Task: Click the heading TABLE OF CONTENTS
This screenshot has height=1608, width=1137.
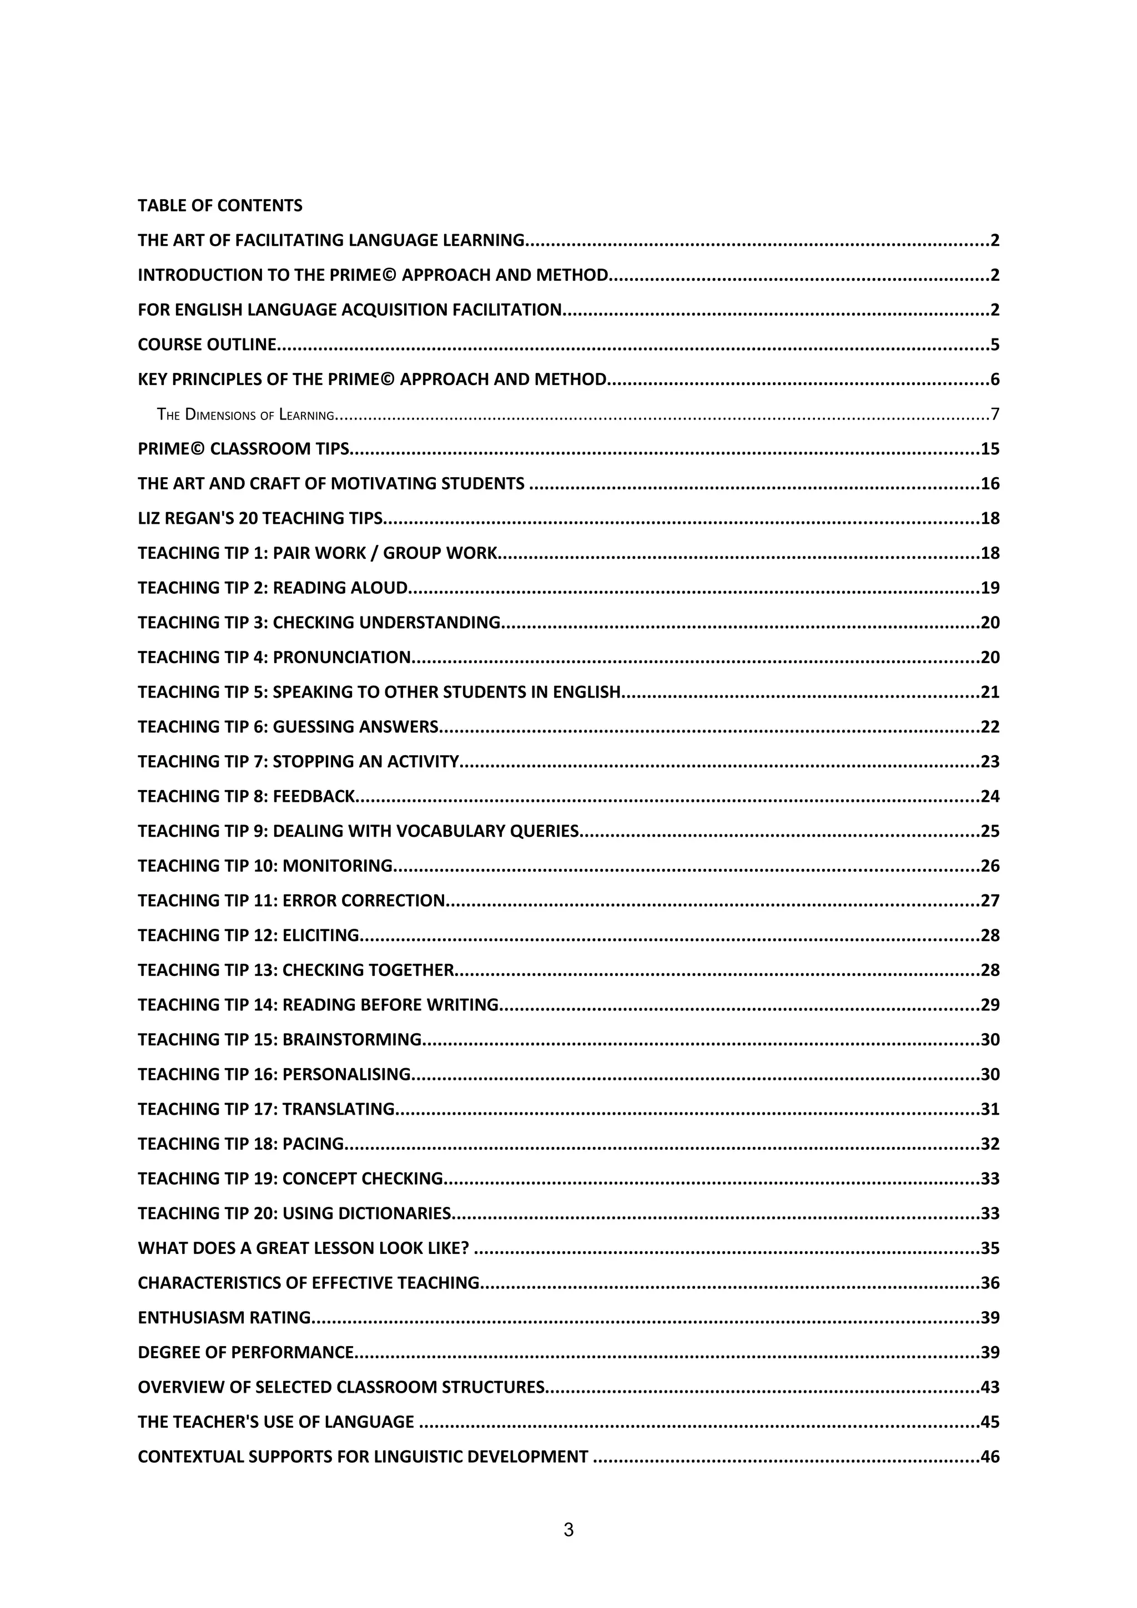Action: (x=220, y=205)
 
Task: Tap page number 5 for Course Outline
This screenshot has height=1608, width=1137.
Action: (x=995, y=345)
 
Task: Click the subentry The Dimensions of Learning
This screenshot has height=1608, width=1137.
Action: (x=246, y=414)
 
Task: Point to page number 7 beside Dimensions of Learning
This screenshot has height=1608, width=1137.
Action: (x=995, y=414)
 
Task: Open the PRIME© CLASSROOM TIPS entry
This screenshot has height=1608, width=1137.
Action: (x=243, y=449)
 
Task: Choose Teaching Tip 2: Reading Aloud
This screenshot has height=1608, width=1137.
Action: (x=273, y=588)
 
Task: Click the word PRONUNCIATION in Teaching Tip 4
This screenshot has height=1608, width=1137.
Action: (x=341, y=657)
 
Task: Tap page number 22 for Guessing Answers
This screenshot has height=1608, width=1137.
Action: (x=990, y=727)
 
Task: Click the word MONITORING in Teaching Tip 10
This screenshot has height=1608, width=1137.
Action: (x=337, y=866)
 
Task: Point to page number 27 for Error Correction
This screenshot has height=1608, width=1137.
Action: (x=990, y=901)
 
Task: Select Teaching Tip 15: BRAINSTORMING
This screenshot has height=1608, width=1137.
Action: (x=279, y=1039)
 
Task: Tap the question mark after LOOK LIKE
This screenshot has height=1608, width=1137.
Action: (x=465, y=1248)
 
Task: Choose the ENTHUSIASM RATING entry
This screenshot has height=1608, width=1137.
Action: (x=224, y=1317)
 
